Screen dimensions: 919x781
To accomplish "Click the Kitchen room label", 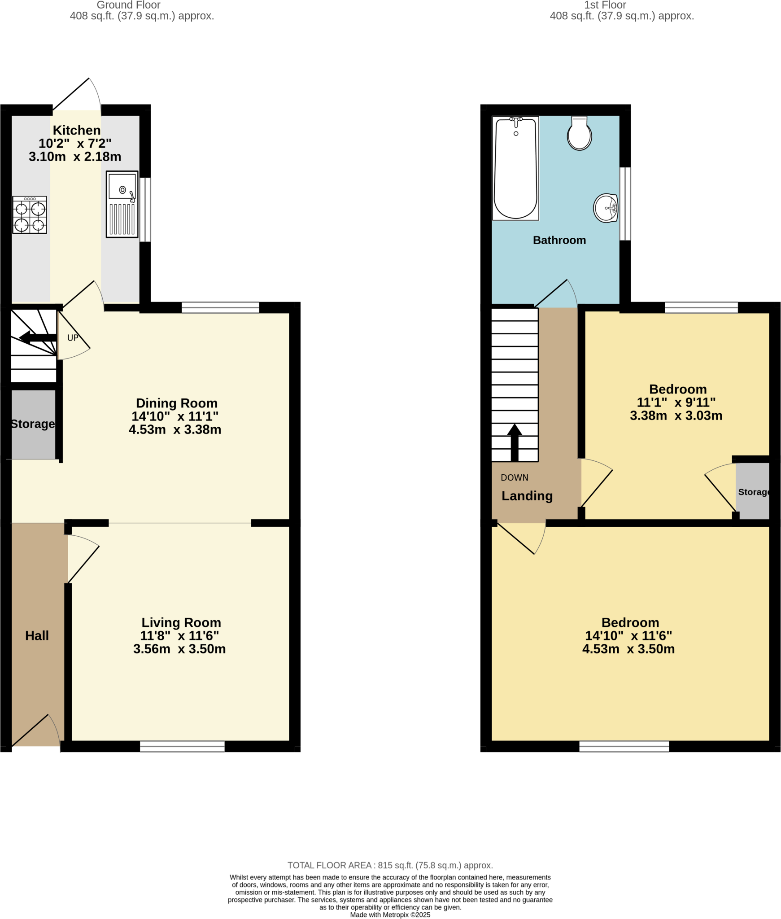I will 76,130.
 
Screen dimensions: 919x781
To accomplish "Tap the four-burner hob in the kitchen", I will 30,215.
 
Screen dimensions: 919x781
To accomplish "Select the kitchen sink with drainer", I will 122,204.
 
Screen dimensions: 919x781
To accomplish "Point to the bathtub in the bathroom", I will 515,168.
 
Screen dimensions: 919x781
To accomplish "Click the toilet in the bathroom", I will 579,133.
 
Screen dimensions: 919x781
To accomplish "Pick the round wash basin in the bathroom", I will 605,208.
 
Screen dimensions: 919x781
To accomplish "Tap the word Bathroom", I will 559,240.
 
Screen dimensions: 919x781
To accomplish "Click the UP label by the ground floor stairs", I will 73,338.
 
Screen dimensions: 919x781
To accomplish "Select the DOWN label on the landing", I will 514,477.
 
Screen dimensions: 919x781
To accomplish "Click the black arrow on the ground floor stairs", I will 38,337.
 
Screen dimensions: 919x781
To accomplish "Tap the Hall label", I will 37,635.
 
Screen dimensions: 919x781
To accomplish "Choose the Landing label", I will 527,496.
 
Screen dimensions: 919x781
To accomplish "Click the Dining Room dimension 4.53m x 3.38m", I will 175,430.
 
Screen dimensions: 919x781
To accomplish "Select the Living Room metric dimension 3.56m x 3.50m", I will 179,649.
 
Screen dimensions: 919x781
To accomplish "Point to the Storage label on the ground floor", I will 33,424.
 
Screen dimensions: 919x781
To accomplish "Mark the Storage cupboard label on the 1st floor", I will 753,492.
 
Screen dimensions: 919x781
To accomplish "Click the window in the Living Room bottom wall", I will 182,746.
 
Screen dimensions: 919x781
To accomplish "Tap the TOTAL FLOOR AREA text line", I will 390,865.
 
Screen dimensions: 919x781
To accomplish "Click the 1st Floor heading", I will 605,5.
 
